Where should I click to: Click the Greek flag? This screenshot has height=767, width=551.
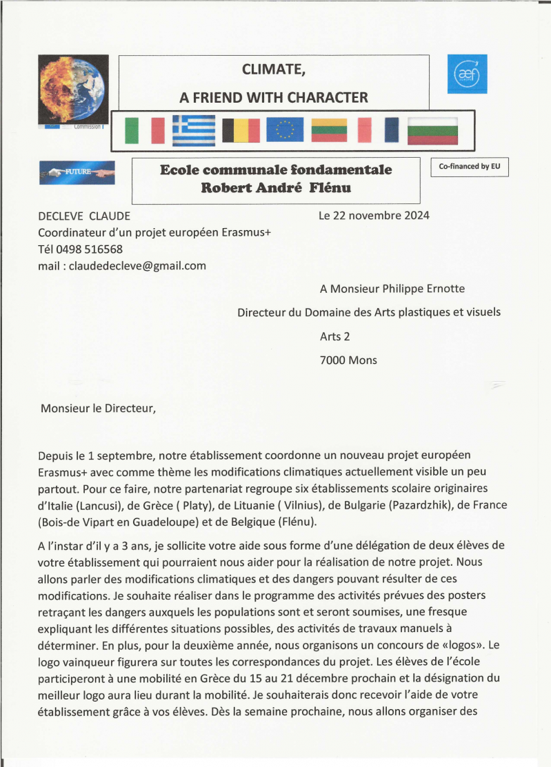(x=193, y=130)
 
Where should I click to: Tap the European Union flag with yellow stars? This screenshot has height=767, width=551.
(x=285, y=130)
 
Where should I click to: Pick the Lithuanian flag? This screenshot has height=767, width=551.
(x=328, y=130)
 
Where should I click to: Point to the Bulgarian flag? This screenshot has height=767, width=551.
(x=432, y=130)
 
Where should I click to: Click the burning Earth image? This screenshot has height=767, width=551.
(x=73, y=90)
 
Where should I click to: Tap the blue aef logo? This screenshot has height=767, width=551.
(x=467, y=74)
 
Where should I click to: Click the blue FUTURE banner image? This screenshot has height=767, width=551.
(x=77, y=172)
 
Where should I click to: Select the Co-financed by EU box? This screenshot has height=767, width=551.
(x=469, y=167)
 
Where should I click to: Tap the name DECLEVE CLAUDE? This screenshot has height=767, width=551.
(x=83, y=216)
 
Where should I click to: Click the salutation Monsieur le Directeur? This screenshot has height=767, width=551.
(x=99, y=408)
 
